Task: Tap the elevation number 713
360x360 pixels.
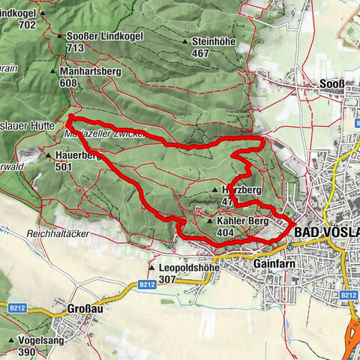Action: pyautogui.click(x=75, y=47)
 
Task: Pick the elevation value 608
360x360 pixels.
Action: pyautogui.click(x=69, y=84)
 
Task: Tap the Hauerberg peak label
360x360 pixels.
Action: pyautogui.click(x=77, y=155)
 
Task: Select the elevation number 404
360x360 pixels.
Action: pyautogui.click(x=226, y=233)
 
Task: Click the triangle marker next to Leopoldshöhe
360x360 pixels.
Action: pyautogui.click(x=152, y=268)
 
